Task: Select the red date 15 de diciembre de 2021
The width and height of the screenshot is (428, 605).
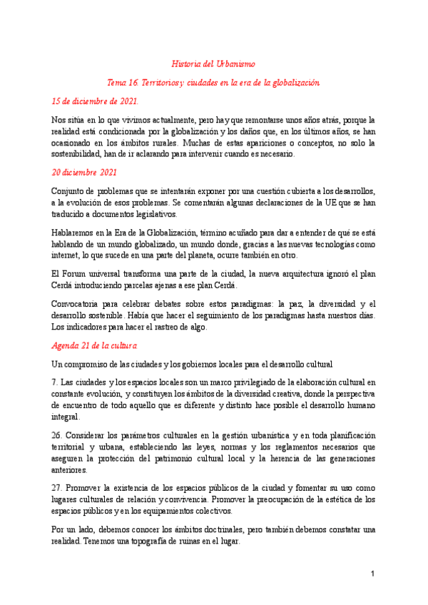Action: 96,101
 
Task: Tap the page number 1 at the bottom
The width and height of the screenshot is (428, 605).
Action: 372,574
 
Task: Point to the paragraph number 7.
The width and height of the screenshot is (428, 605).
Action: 54,383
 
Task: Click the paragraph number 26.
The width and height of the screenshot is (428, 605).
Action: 57,435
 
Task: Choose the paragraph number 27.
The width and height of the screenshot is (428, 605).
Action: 57,480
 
